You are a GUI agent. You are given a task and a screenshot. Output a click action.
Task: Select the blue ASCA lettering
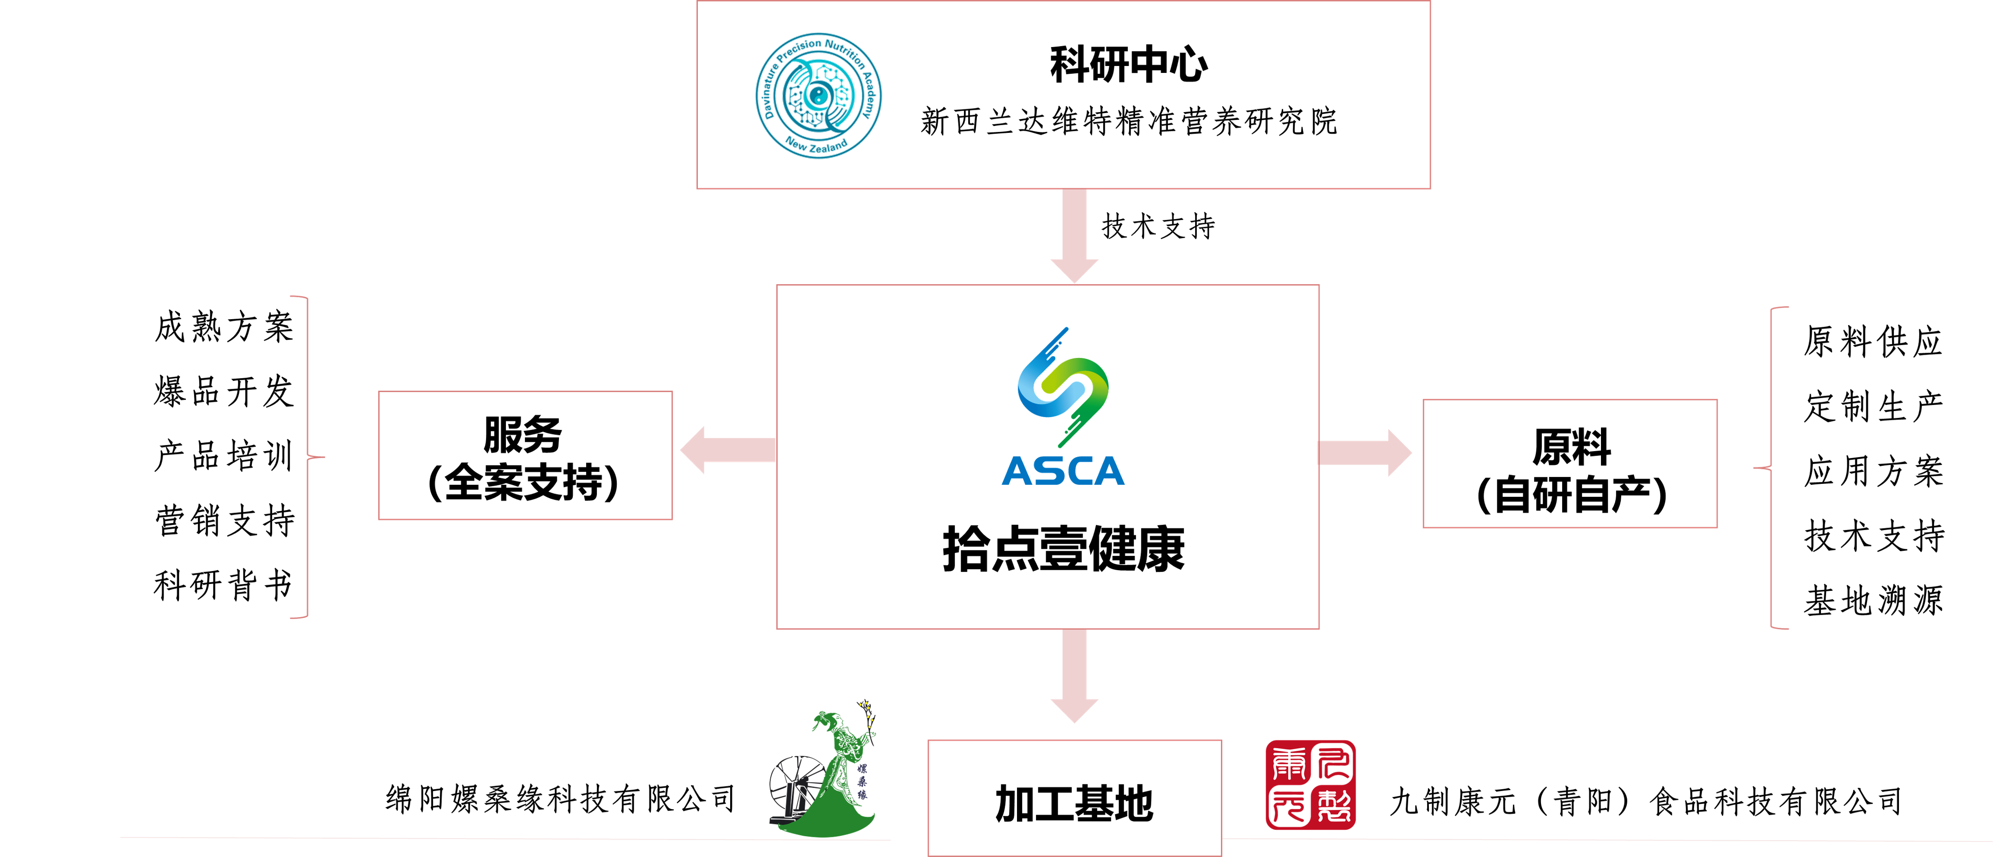1063,471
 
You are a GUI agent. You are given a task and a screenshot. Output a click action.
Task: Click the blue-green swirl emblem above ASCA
1064,387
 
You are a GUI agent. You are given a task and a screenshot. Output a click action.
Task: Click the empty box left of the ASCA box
525,456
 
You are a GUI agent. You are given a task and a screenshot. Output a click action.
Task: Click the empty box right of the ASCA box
1570,464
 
